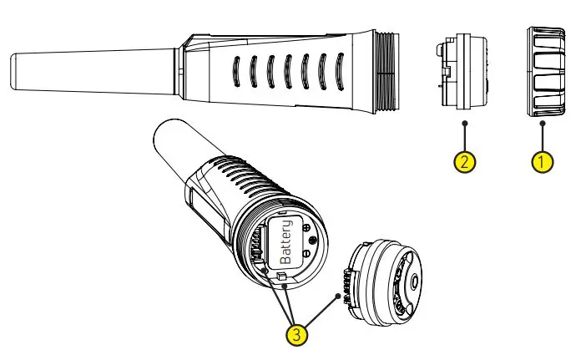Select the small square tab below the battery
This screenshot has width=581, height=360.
(x=283, y=276)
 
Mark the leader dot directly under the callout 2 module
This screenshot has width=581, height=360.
(x=464, y=124)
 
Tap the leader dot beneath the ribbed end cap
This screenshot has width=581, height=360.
(x=543, y=124)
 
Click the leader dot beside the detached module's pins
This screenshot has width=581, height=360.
(x=337, y=295)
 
